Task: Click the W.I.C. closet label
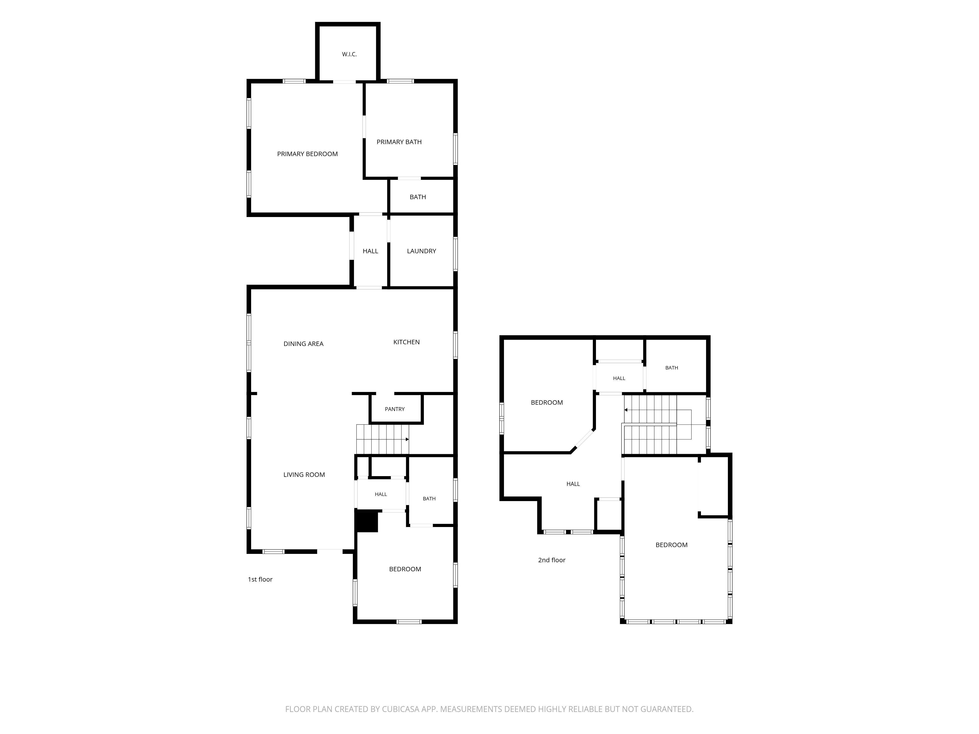click(349, 54)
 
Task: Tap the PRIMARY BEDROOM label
click(308, 154)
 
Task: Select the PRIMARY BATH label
click(399, 142)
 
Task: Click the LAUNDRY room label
click(421, 251)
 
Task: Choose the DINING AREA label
click(304, 344)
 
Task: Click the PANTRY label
click(395, 409)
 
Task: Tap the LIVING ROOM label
click(304, 475)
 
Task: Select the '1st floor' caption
click(260, 580)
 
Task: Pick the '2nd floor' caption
click(552, 560)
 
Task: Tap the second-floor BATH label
click(672, 368)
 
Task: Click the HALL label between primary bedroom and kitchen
click(371, 251)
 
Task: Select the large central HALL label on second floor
click(573, 484)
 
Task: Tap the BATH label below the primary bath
click(418, 197)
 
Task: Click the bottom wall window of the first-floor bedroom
click(409, 622)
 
